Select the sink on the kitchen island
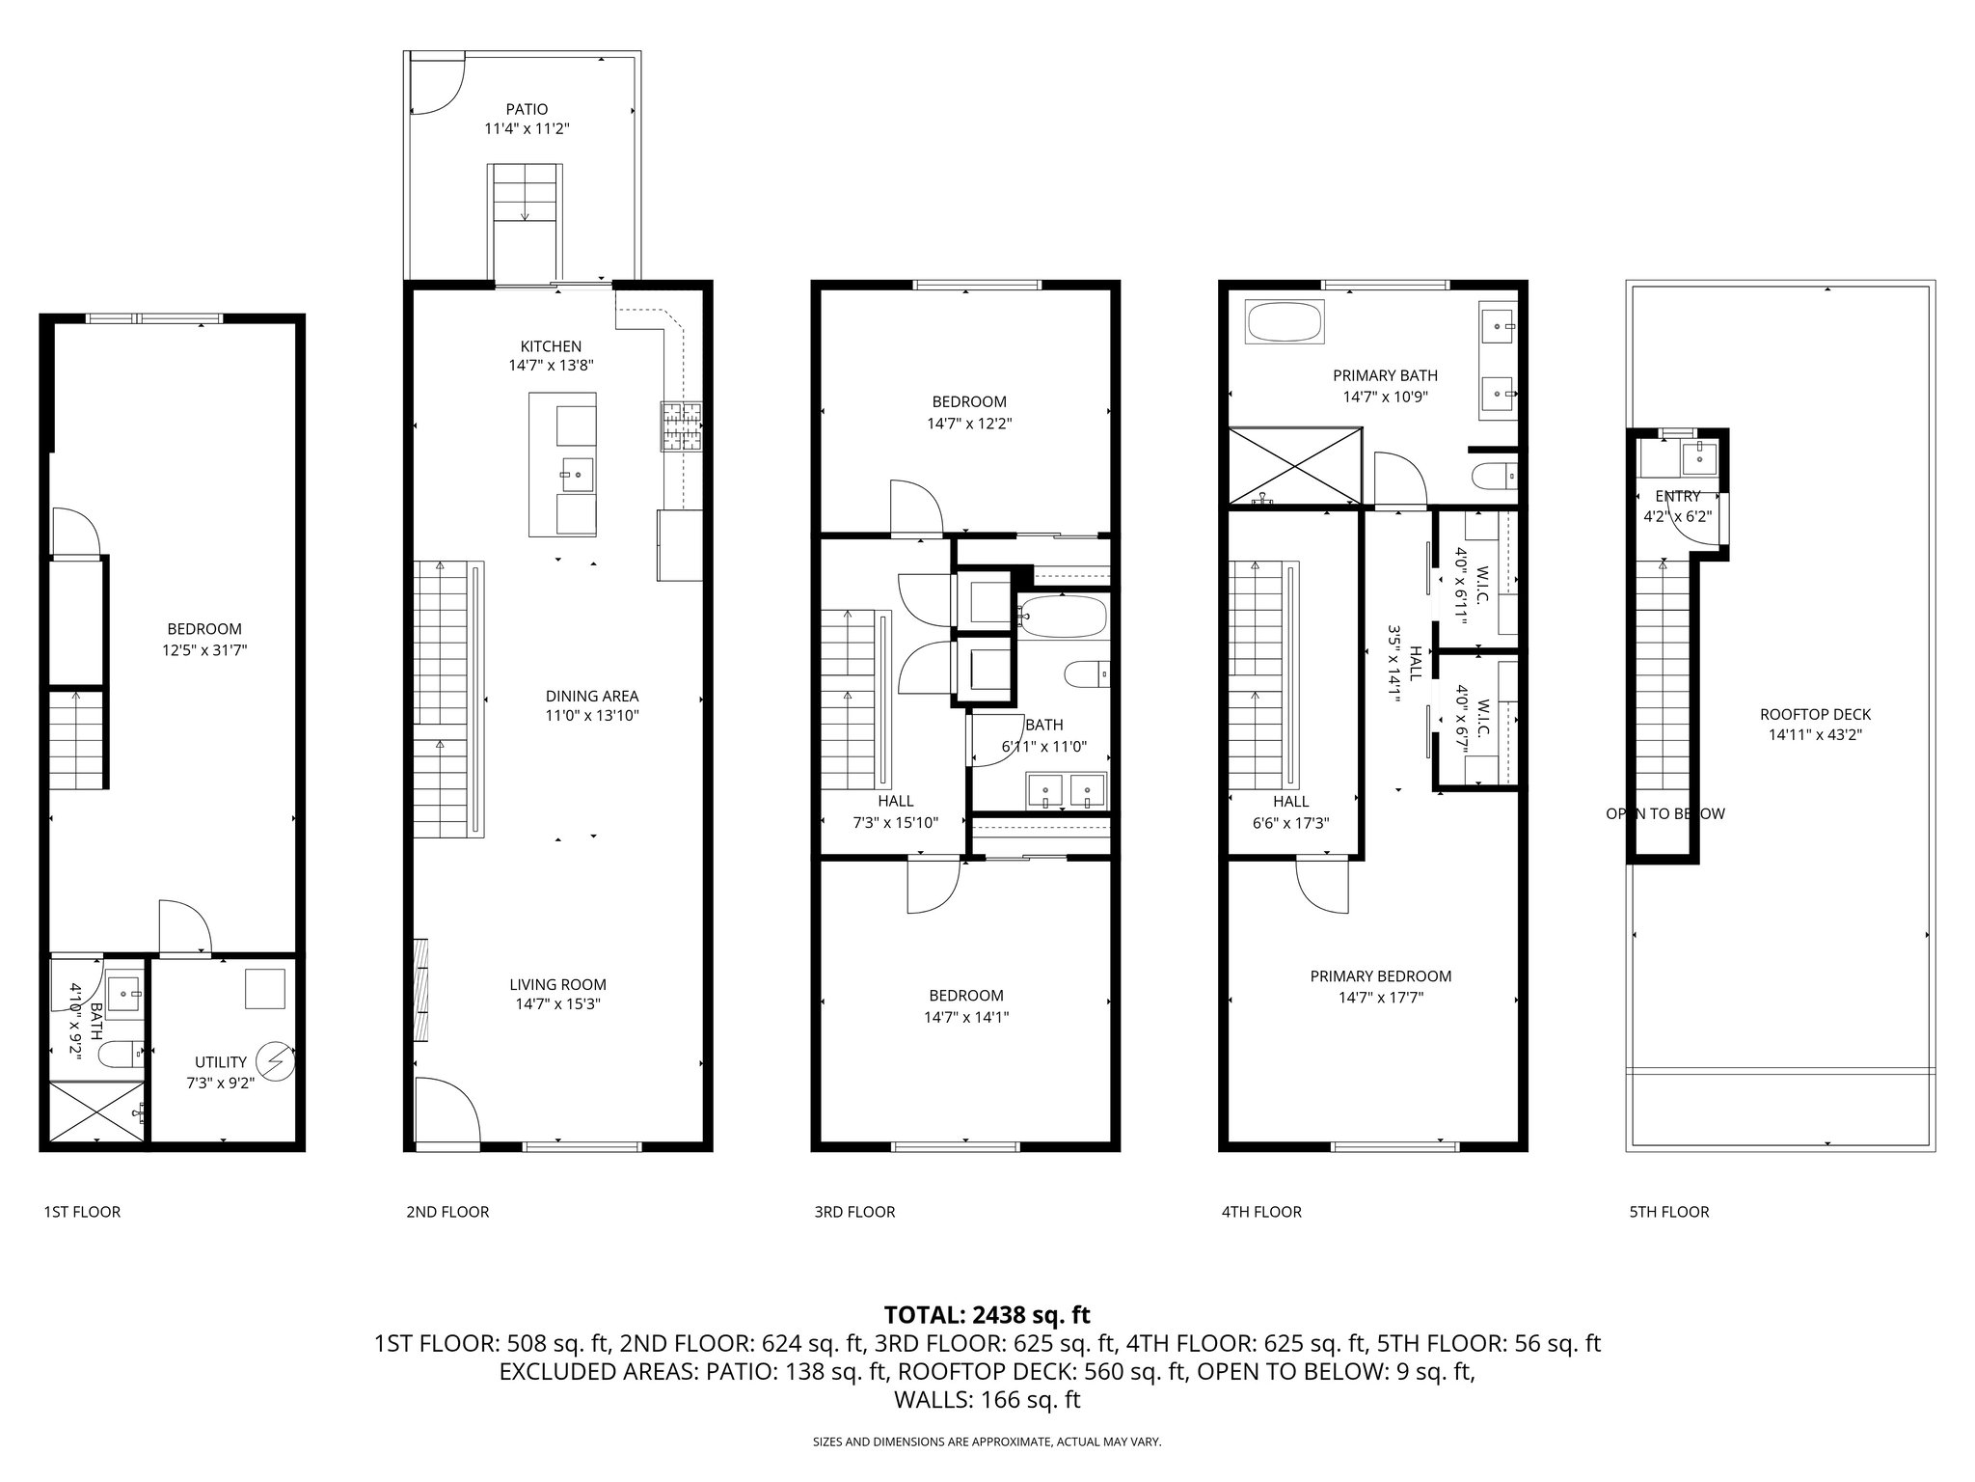[578, 473]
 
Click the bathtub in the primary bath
[1285, 323]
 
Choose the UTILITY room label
[221, 1062]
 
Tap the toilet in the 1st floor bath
[121, 1055]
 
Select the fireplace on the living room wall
[421, 989]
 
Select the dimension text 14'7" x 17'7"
[1380, 998]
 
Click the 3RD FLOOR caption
[853, 1212]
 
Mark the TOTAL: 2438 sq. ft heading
[987, 1315]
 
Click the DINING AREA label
[591, 696]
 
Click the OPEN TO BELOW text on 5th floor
[1664, 813]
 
